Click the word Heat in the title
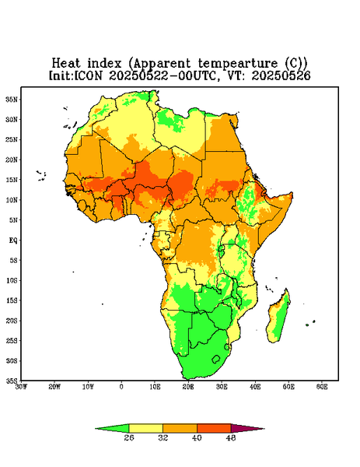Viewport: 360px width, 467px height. pos(66,63)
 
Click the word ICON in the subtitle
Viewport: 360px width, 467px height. pos(88,75)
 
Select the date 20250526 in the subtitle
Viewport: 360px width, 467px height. pos(281,75)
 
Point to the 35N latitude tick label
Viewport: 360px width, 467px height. pos(12,99)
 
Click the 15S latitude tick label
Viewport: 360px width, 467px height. pos(12,300)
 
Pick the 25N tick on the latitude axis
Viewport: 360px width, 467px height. pos(12,139)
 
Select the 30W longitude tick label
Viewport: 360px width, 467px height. pos(22,387)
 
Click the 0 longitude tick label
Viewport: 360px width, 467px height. pos(121,387)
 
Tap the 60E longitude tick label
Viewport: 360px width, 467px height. pos(322,387)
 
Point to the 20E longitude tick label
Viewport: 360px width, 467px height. pos(188,387)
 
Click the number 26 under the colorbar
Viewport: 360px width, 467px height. pos(129,437)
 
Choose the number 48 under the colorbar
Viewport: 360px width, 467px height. pos(231,437)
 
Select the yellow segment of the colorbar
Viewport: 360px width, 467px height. pos(145,428)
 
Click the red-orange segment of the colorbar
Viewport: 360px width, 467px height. pos(214,428)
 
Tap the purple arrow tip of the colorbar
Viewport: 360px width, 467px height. pos(264,429)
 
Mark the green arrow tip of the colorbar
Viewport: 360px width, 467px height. pos(96,429)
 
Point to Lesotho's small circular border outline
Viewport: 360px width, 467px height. pos(216,359)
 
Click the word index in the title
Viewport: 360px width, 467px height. pos(104,63)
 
